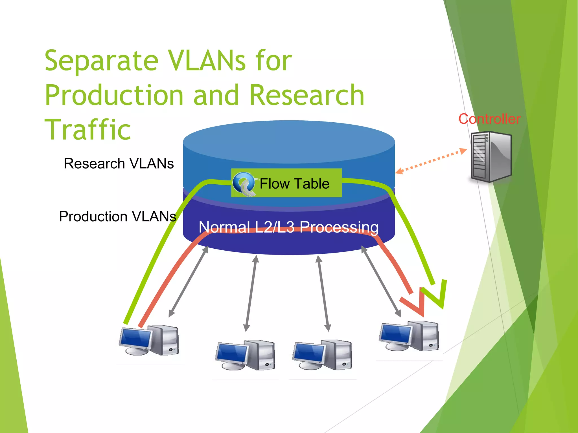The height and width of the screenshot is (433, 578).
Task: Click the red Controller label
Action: [489, 119]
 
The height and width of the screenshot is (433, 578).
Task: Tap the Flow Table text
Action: [294, 184]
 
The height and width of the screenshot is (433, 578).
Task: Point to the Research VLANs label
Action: [119, 164]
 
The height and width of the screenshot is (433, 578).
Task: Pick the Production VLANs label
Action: [117, 216]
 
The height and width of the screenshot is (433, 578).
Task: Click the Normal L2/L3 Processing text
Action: [288, 227]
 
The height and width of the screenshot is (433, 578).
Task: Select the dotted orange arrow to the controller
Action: [431, 161]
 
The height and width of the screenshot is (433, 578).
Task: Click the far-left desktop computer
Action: [149, 340]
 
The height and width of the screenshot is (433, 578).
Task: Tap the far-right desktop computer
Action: [409, 336]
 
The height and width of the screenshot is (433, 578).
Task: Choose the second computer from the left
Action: [245, 355]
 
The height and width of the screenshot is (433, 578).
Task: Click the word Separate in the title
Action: [102, 61]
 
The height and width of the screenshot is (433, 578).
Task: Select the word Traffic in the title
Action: [88, 129]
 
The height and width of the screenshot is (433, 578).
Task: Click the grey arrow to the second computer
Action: [251, 293]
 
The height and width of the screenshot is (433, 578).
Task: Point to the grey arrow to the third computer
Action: [323, 293]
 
